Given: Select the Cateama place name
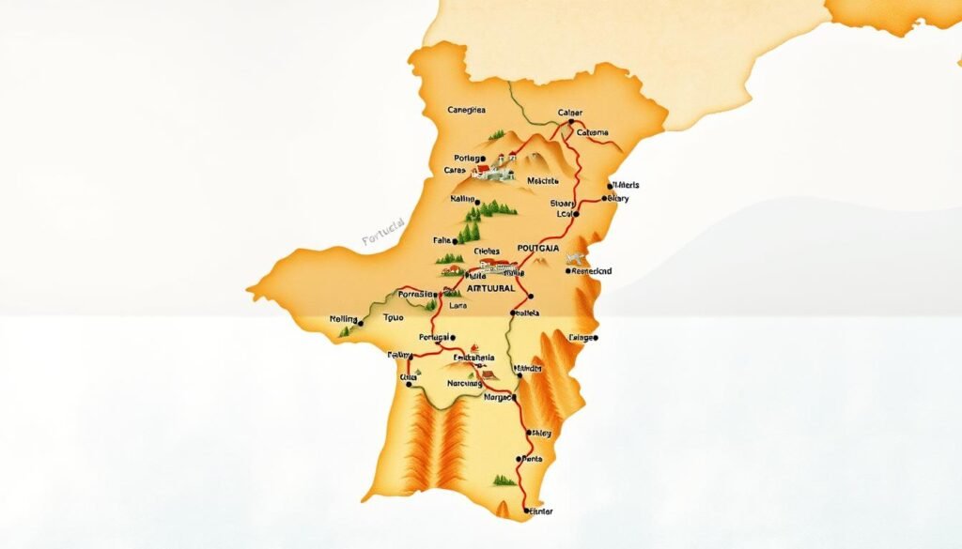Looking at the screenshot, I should [x=592, y=133].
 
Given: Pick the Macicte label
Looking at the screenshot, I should [x=543, y=180].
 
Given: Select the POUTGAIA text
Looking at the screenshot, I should [x=532, y=248].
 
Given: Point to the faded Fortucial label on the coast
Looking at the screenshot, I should [x=382, y=232].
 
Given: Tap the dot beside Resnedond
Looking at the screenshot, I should [x=569, y=270].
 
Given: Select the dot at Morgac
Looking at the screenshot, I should [x=514, y=396].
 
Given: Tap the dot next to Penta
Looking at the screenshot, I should [x=519, y=459].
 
